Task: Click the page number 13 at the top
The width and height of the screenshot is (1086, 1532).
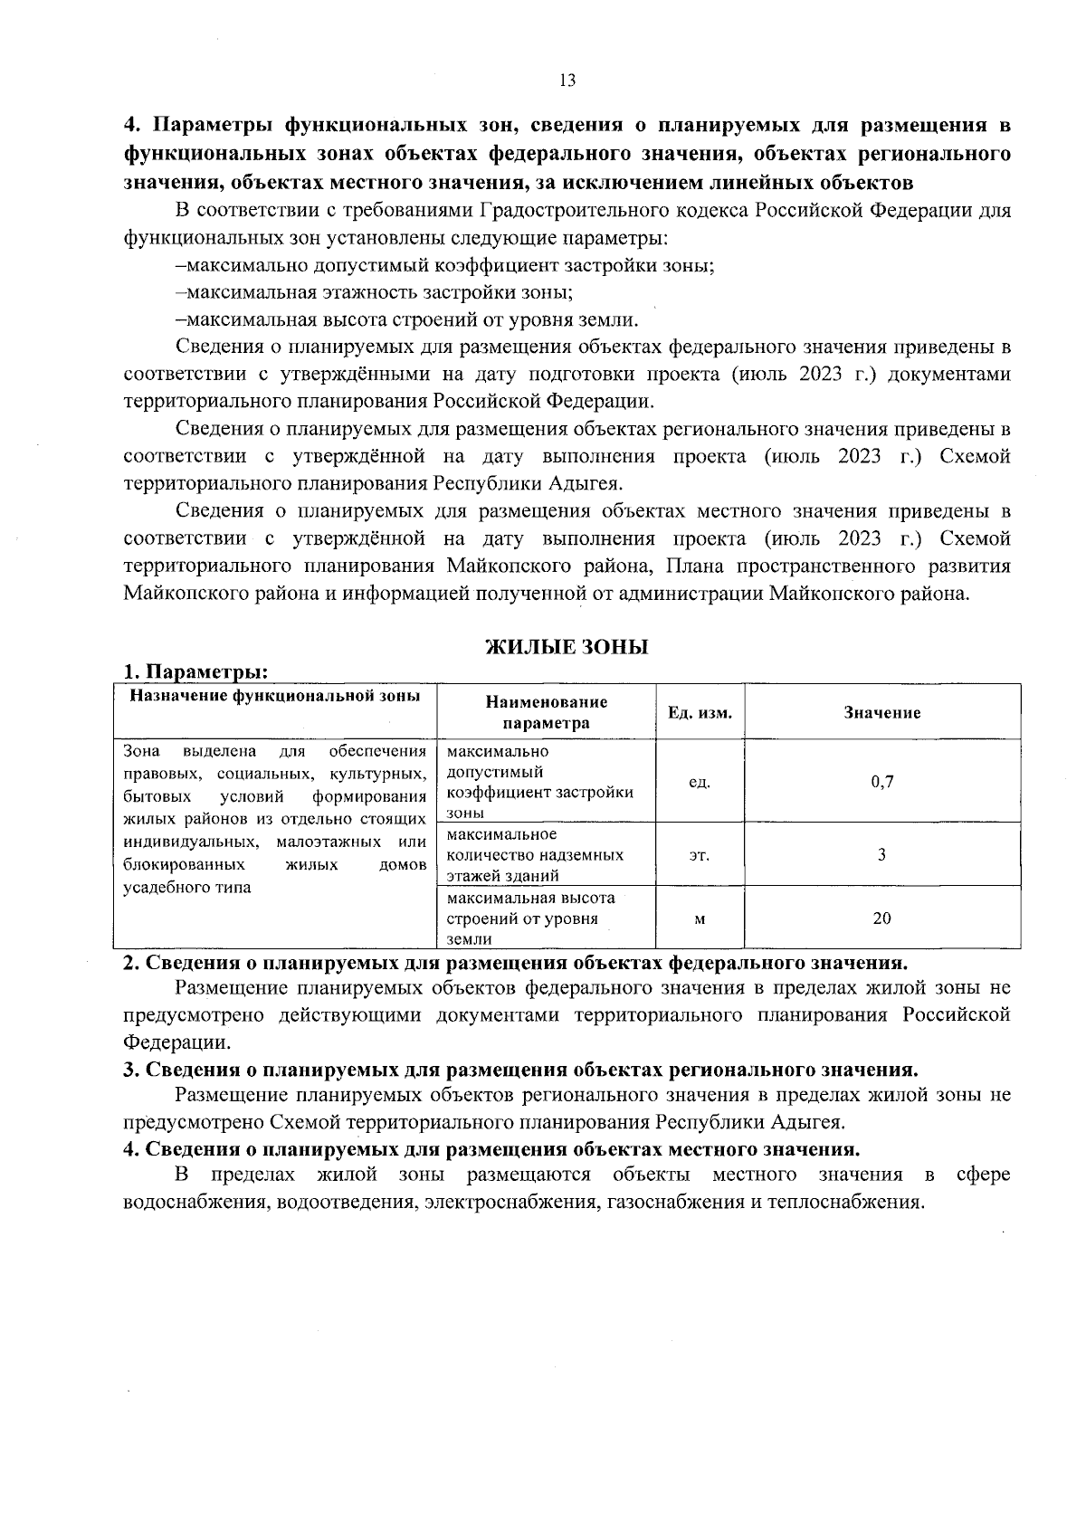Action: pos(567,81)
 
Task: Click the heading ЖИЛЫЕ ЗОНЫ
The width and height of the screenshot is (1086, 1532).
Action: pos(567,647)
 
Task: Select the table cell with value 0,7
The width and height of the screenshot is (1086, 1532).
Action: pos(882,782)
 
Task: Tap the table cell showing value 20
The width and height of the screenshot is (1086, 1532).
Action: pos(882,918)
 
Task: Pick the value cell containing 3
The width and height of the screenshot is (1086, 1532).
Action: pos(882,854)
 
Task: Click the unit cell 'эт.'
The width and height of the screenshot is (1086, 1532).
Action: pos(699,854)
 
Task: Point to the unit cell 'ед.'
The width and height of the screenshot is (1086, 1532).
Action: pos(699,782)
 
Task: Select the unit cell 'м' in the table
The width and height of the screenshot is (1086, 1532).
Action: pos(699,918)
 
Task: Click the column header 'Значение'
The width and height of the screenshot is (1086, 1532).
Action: pos(882,712)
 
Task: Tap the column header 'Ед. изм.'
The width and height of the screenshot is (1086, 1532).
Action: pos(700,712)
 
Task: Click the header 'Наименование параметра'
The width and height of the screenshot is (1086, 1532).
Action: pos(547,712)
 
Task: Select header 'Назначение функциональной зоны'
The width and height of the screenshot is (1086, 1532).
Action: pos(275,696)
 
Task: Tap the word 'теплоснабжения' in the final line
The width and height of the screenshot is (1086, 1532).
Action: pos(855,1203)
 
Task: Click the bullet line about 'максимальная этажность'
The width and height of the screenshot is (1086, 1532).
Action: pos(375,292)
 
